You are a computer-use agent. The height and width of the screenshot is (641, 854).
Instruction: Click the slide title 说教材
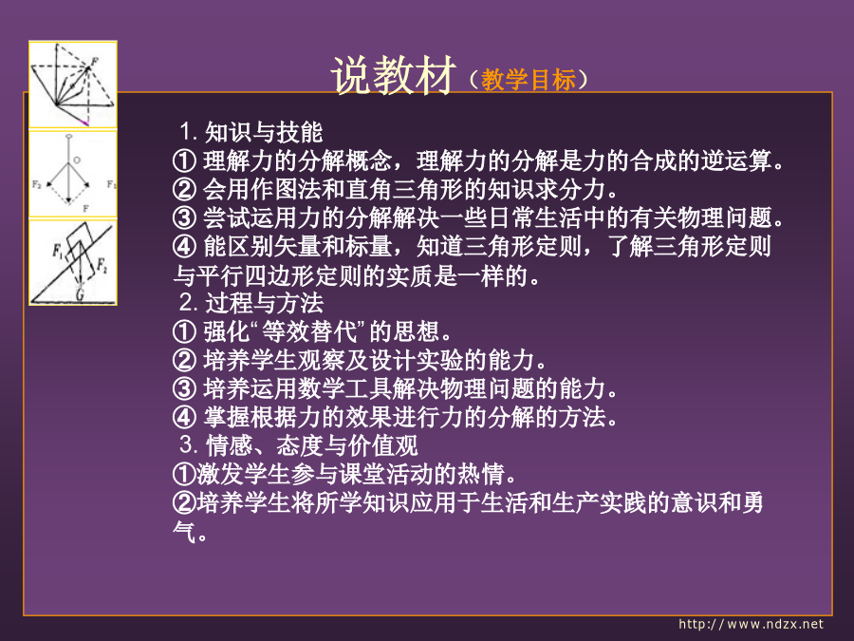point(393,75)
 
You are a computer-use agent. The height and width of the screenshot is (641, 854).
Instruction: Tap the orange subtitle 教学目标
point(529,80)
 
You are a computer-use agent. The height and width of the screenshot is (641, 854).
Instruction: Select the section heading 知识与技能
point(264,132)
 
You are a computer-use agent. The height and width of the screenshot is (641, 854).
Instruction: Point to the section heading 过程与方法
point(264,303)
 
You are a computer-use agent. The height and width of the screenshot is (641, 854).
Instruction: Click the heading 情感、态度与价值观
point(311,445)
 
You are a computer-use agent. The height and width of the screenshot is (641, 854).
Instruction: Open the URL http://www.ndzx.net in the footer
point(752,624)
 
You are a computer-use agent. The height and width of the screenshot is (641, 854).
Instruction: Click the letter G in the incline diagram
point(80,294)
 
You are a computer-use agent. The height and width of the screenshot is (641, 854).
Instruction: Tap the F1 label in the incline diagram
point(58,251)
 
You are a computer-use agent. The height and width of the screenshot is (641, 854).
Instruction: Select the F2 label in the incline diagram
point(102,266)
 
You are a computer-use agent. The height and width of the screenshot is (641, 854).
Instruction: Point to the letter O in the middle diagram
point(77,160)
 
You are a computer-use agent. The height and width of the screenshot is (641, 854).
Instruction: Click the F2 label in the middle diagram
point(36,184)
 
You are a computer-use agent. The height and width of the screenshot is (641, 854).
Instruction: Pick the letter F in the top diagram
point(94,62)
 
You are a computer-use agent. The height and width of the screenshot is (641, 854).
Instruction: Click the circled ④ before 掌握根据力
point(184,418)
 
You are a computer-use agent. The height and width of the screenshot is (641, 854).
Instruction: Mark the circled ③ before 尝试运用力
point(184,218)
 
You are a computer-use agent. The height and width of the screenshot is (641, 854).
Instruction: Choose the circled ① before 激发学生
point(184,474)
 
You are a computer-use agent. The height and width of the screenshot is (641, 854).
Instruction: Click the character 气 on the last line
point(184,531)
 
